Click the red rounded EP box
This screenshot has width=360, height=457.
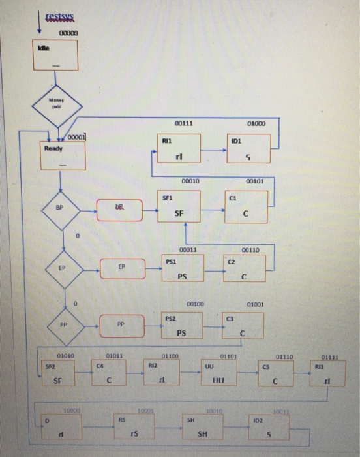[122, 268]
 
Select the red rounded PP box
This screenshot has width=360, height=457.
[122, 324]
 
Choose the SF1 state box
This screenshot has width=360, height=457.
[181, 206]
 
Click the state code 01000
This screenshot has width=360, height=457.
[256, 122]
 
